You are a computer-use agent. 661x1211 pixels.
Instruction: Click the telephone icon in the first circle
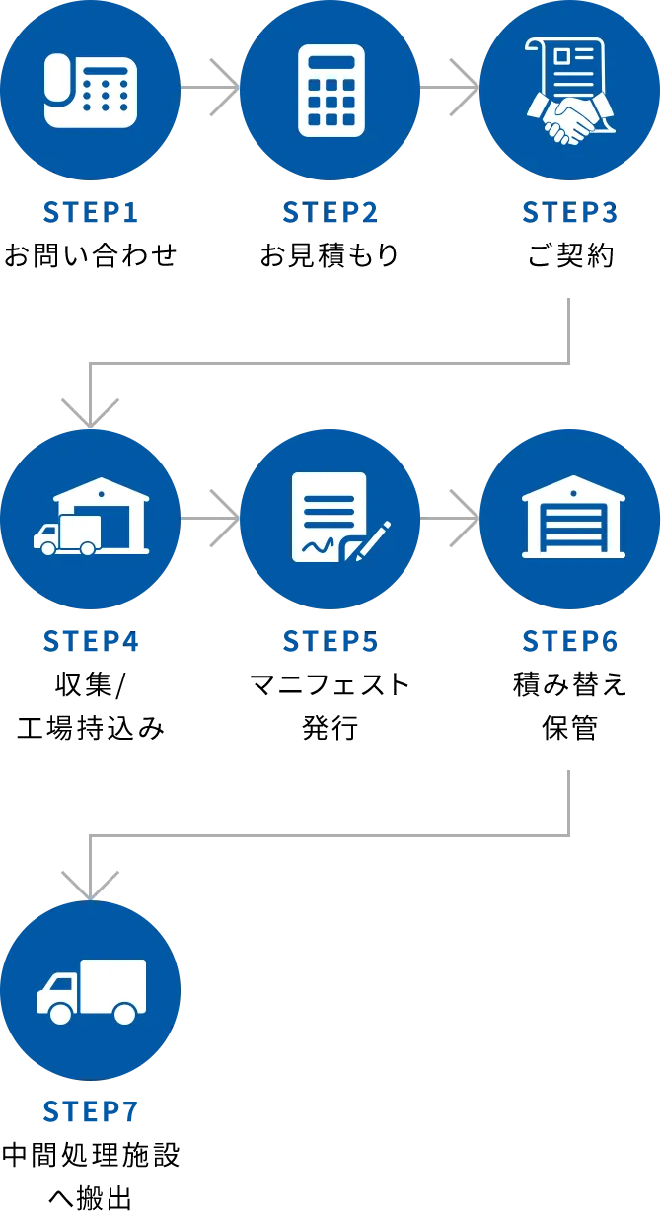(90, 91)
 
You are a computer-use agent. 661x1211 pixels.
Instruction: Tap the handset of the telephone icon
(57, 91)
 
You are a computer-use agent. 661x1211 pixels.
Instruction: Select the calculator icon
(330, 91)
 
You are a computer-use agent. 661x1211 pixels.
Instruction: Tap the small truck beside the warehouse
(66, 534)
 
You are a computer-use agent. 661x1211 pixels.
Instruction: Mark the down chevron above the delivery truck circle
(90, 883)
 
